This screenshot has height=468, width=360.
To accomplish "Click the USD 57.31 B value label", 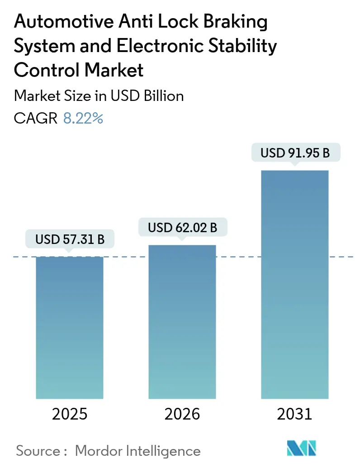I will click(70, 239).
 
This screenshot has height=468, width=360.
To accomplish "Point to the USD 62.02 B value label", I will click(182, 228).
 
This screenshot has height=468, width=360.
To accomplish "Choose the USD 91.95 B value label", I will click(295, 153).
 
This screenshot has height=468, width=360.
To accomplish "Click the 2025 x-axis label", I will click(70, 414).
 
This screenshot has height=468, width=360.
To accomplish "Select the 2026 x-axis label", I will click(182, 414).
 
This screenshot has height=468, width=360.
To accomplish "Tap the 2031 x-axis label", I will click(294, 414).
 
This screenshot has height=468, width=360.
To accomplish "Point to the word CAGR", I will click(36, 119).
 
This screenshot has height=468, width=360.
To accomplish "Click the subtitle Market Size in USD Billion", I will click(99, 96).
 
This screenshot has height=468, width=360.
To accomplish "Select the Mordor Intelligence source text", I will click(137, 450).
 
